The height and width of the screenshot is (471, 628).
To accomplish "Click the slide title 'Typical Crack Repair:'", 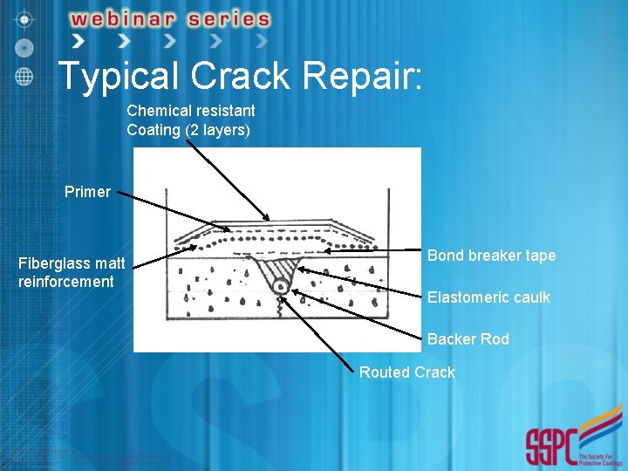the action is pyautogui.click(x=240, y=76).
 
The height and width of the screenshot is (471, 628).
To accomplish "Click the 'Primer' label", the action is pyautogui.click(x=87, y=192).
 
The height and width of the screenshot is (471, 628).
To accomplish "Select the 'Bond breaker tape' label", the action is pyautogui.click(x=491, y=256).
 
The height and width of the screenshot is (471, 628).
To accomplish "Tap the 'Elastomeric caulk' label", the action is pyautogui.click(x=488, y=297).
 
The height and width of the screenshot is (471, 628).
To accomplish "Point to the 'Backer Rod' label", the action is pyautogui.click(x=468, y=339).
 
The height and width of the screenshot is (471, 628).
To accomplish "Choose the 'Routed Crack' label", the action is pyautogui.click(x=407, y=372).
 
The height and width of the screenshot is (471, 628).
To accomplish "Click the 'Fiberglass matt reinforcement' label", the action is pyautogui.click(x=72, y=272).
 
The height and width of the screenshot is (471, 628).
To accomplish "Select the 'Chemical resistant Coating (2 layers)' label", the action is pyautogui.click(x=191, y=120).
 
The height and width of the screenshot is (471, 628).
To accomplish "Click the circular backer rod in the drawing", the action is pyautogui.click(x=279, y=285).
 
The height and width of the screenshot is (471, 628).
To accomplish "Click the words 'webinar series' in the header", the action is pyautogui.click(x=170, y=18).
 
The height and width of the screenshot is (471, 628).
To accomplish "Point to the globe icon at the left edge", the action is pyautogui.click(x=24, y=75).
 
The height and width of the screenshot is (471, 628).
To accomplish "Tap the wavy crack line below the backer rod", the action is pyautogui.click(x=279, y=303).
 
